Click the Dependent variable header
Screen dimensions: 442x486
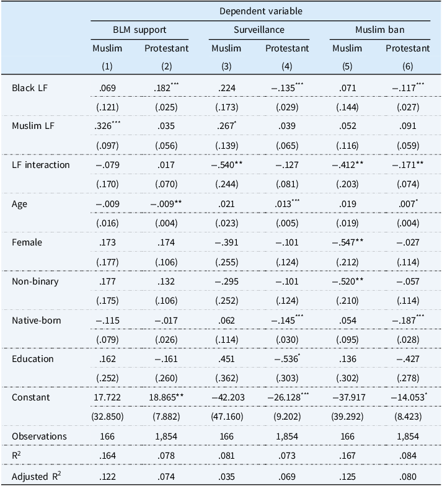(260, 11)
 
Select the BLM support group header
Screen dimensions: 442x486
(139, 30)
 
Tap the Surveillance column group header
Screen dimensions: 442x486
(259, 30)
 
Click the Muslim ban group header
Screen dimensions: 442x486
(379, 30)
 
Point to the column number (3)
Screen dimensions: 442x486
(226, 66)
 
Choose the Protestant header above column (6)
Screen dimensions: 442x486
(408, 48)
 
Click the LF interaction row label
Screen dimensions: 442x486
(41, 165)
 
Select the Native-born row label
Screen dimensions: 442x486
(36, 320)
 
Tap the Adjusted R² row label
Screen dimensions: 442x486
(36, 476)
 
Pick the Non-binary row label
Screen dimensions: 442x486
(35, 281)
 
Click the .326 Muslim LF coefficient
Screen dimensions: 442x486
(107, 125)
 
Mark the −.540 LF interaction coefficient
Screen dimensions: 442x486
(227, 165)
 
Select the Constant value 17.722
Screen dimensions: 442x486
(107, 397)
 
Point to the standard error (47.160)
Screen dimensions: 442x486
(227, 417)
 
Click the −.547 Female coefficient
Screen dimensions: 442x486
(348, 242)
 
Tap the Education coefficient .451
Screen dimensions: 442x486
(227, 359)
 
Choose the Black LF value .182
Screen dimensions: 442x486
(166, 88)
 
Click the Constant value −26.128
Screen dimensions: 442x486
(287, 397)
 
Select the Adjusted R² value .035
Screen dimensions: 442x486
(227, 476)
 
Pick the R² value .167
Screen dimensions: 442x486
(347, 456)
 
